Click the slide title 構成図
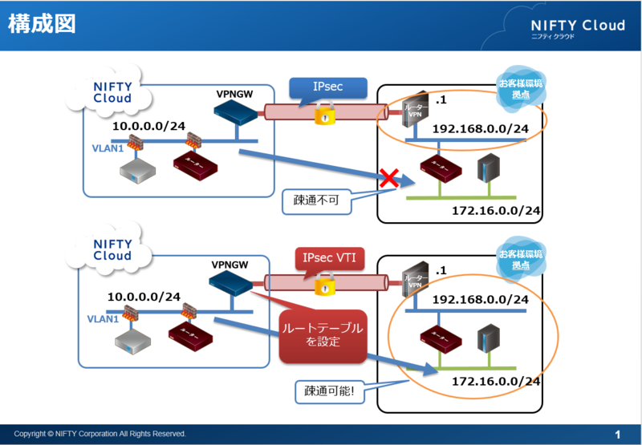coord(42,24)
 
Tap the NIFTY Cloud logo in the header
coord(577,27)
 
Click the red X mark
coord(389,178)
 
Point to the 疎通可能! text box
coord(329,391)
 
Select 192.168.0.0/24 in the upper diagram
coord(480,129)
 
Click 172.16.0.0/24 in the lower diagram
coord(493,382)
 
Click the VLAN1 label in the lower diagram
coord(104,318)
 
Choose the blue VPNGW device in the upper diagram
coord(238,115)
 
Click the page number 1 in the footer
coord(617,434)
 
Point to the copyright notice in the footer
coord(100,434)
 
